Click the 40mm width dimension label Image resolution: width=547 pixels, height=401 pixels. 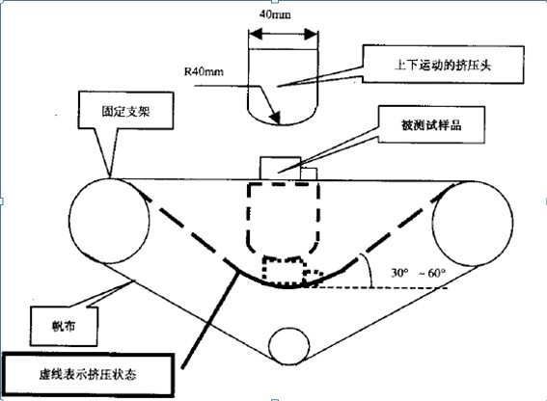tap(275, 14)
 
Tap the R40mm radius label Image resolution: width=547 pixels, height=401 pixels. tap(204, 72)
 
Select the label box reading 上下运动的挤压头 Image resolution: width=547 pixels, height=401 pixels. tap(443, 65)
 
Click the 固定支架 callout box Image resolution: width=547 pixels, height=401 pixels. tap(126, 111)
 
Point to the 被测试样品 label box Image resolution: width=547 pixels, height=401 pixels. tap(431, 124)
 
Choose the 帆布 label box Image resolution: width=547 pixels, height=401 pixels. tap(64, 326)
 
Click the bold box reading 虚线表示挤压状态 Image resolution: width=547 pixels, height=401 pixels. tap(88, 375)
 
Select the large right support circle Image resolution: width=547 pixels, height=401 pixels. tap(432, 224)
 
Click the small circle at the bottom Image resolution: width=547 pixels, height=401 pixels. tap(269, 346)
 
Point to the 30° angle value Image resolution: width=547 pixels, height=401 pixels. tap(399, 273)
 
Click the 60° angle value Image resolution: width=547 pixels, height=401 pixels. tap(436, 273)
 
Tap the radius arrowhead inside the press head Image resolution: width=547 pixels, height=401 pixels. tap(275, 118)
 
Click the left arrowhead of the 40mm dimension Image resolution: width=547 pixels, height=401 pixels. tap(255, 34)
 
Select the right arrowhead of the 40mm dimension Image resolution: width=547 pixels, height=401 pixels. tap(312, 34)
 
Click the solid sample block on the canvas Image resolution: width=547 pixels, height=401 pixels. tap(280, 168)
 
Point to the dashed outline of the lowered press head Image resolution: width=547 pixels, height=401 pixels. tap(248, 216)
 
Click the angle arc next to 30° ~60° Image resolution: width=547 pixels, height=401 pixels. tap(369, 270)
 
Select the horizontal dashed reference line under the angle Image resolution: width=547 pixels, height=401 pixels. tap(377, 287)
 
